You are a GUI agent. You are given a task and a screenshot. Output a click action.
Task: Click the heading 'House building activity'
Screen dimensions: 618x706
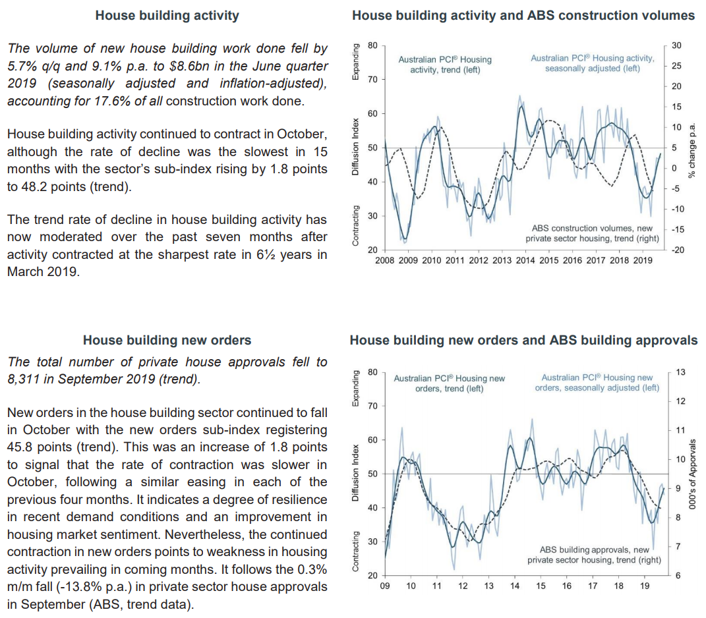167,15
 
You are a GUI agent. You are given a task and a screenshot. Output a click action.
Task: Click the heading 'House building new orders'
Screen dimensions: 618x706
167,340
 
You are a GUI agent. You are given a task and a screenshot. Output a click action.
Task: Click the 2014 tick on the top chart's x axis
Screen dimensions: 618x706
525,260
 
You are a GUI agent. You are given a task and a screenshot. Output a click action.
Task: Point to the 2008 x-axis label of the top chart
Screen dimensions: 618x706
385,260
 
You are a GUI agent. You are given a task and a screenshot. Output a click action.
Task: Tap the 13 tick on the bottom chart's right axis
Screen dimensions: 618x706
681,372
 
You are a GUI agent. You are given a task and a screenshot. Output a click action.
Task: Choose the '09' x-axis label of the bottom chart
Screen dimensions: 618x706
386,586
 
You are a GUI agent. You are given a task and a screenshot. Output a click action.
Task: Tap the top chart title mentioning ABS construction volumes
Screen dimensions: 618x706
523,15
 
